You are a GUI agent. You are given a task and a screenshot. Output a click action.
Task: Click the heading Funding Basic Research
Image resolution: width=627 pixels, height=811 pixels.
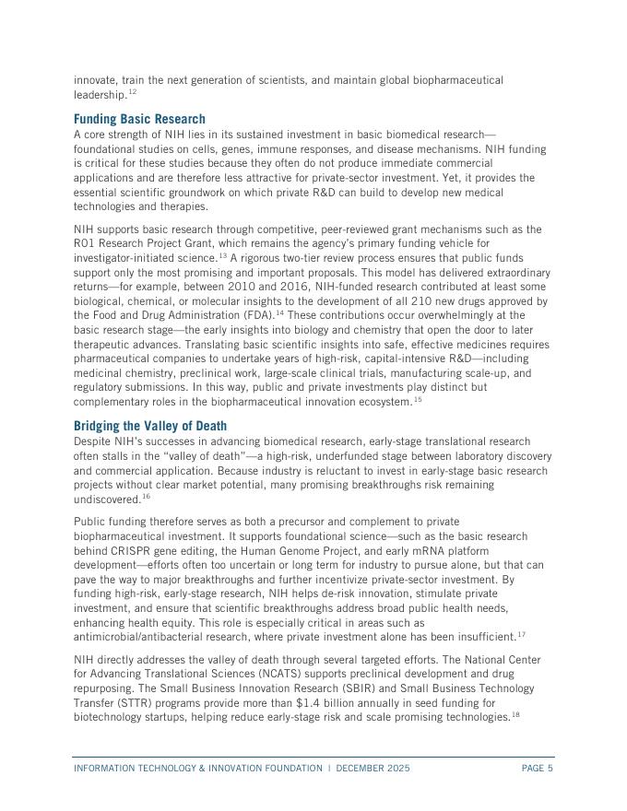coord(139,120)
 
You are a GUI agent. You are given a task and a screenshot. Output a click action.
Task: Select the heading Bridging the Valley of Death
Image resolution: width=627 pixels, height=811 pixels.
coord(149,426)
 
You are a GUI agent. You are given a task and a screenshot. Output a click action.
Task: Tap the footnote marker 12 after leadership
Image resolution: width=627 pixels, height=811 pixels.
coord(132,93)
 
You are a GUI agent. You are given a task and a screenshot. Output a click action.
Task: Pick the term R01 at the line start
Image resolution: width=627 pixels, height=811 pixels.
coord(85,243)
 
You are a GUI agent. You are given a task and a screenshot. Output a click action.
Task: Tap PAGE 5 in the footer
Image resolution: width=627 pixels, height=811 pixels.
coord(537,769)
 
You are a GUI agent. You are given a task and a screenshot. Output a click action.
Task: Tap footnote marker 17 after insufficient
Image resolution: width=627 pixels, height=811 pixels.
coord(521,634)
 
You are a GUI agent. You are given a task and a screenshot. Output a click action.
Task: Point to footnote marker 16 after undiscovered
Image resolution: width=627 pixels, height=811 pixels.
coord(145,497)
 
